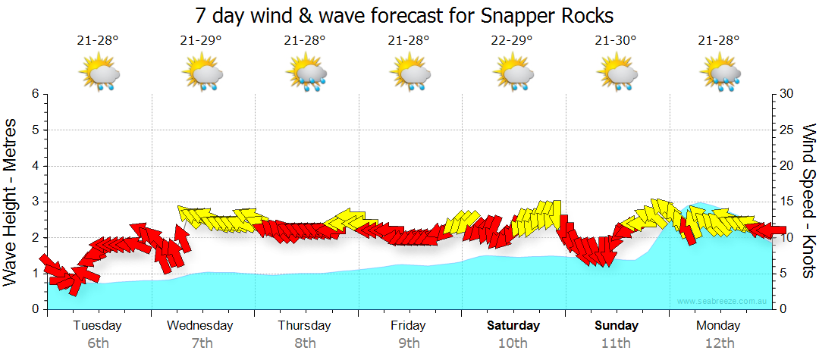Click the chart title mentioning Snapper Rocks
click(403, 16)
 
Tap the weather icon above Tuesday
click(98, 74)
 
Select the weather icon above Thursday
click(305, 74)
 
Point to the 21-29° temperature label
click(201, 40)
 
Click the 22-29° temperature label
click(512, 40)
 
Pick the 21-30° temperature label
click(616, 40)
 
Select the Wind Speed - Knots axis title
click(807, 201)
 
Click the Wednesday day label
click(201, 326)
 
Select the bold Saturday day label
click(513, 326)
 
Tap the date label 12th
click(720, 343)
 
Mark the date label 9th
click(409, 343)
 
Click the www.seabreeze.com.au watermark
click(723, 302)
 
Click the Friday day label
click(409, 326)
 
